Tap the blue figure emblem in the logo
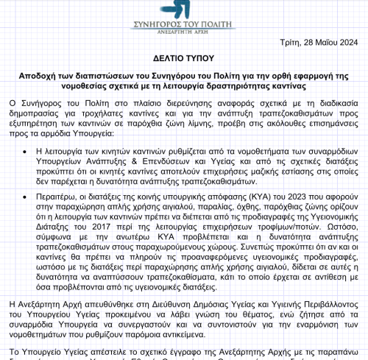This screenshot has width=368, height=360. click(x=176, y=9)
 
